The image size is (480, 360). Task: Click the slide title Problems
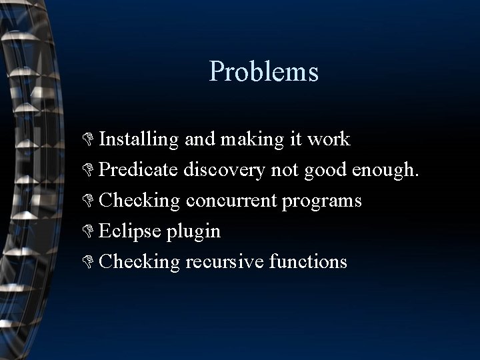coord(264,71)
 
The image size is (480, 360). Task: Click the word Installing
coord(138,139)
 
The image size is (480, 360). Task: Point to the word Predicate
coord(137,169)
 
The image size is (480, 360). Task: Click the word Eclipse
coord(130,231)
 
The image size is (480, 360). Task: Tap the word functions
coord(309,261)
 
